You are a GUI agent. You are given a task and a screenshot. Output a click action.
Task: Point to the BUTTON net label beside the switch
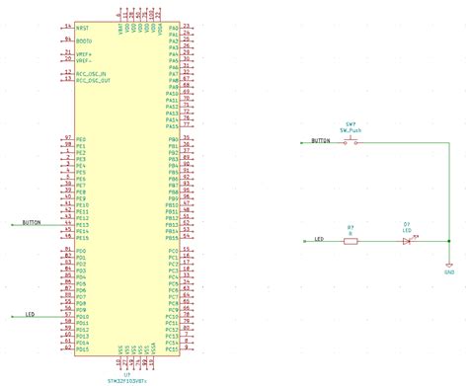(x=321, y=141)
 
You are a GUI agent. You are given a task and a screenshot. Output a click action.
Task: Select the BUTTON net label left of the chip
(x=31, y=224)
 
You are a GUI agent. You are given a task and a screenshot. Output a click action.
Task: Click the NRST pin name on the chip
(x=82, y=28)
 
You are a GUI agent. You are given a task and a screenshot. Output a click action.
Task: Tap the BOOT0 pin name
(x=83, y=40)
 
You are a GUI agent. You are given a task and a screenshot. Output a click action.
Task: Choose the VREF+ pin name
(x=83, y=54)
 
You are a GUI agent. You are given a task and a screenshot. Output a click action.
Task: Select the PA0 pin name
(x=173, y=28)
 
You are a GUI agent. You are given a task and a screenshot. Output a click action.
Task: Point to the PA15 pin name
(x=172, y=126)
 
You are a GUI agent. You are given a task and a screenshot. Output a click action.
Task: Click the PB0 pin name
(x=173, y=139)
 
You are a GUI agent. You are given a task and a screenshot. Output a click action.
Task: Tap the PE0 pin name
(x=81, y=139)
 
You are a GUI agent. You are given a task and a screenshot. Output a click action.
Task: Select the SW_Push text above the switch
(x=351, y=129)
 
